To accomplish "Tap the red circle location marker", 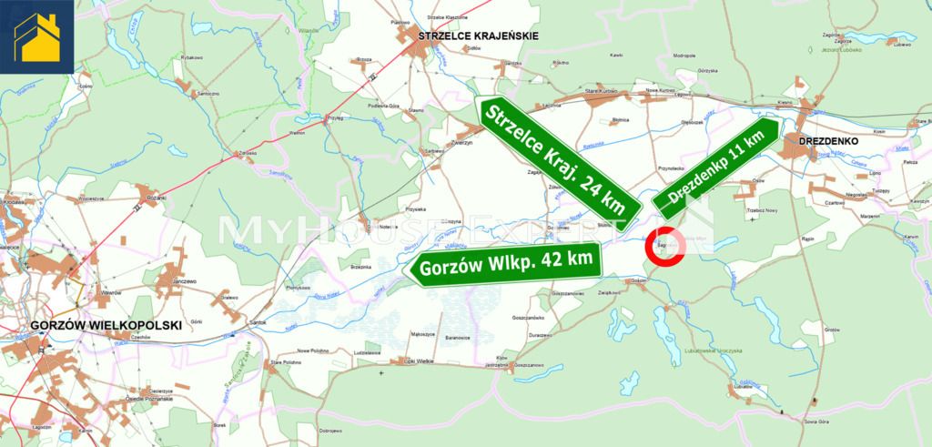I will point(664,245).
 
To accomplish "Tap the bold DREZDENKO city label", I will point(826,142).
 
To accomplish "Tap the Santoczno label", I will point(209,93).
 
